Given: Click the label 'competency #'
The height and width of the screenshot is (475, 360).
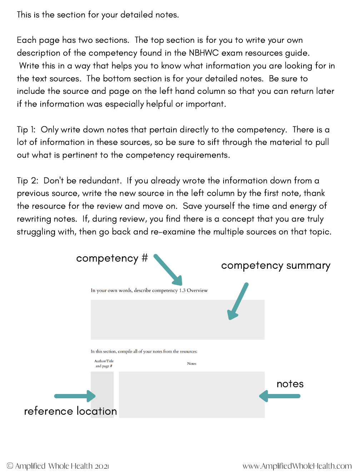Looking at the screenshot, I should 112,258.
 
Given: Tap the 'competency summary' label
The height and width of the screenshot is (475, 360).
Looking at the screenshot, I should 276,266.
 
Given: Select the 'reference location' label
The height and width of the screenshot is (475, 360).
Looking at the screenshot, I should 70,411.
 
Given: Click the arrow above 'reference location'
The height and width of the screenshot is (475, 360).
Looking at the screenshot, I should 75,396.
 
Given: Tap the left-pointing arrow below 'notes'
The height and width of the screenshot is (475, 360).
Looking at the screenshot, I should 280,396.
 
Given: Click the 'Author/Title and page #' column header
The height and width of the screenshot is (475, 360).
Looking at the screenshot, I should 104,364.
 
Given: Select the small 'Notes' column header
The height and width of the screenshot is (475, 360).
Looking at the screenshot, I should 192,364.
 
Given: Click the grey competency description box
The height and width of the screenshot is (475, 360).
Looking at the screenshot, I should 177,319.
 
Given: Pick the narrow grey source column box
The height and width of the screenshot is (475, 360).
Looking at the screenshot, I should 102,394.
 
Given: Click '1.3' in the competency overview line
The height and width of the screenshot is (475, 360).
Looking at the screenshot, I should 182,290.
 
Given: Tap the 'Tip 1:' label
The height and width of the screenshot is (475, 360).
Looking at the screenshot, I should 26,130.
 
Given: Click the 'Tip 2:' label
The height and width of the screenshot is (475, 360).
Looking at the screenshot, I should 27,181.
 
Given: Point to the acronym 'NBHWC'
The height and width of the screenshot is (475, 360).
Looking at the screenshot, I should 204,53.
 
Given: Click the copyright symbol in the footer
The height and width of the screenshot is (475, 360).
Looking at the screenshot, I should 10,466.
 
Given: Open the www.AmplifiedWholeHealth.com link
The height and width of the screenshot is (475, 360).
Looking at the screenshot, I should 297,466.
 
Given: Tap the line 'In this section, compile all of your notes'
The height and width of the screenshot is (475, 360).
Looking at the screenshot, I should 144,352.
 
